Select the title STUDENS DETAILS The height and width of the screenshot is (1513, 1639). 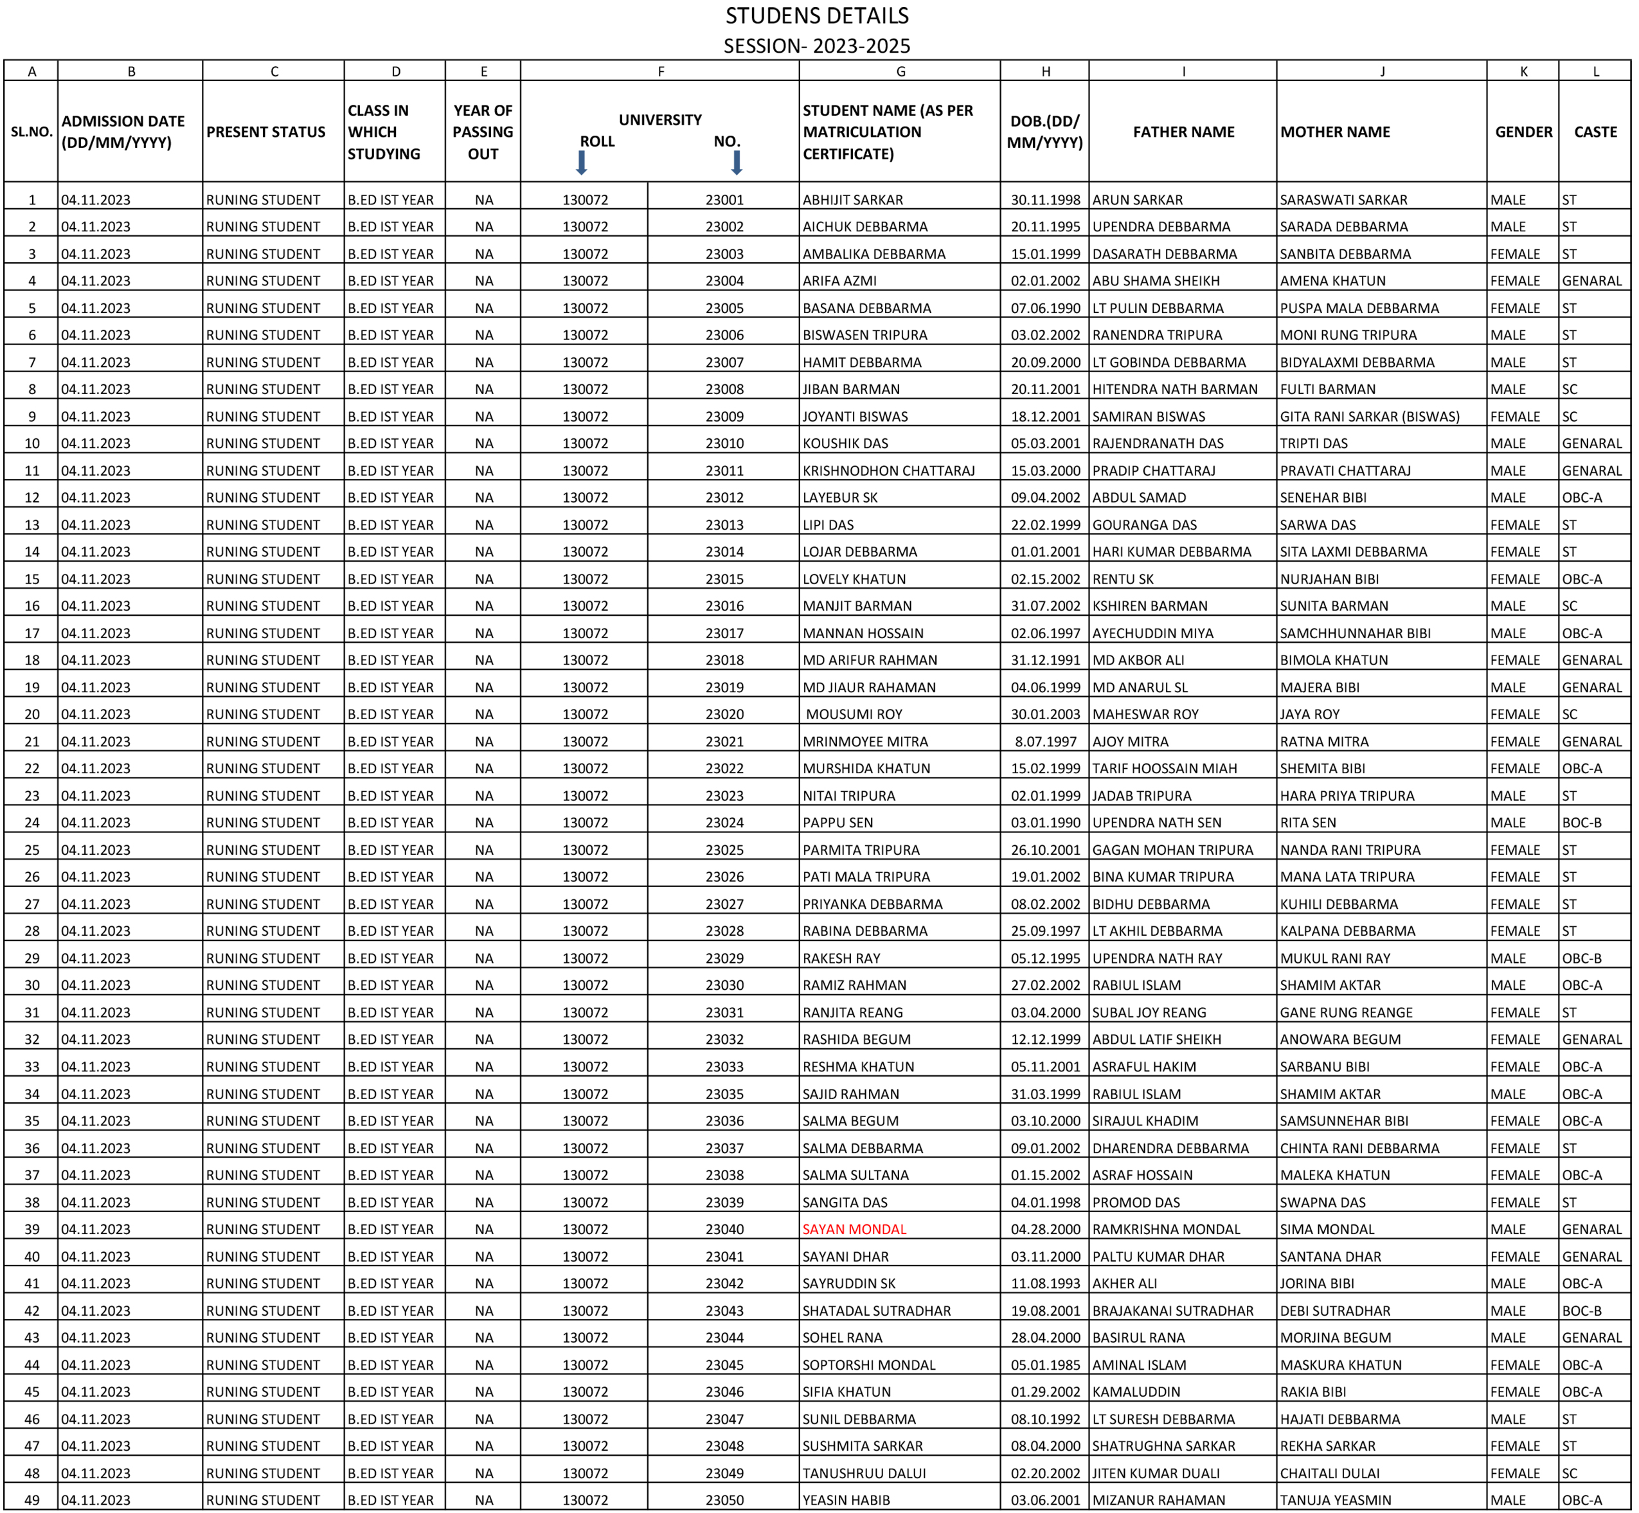(816, 15)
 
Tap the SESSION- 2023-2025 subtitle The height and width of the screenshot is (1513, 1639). (816, 46)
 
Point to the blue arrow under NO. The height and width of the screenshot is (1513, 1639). (736, 163)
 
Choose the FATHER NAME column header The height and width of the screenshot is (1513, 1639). (1183, 132)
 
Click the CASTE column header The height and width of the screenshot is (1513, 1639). (1595, 132)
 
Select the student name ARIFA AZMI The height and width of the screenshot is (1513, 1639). (839, 281)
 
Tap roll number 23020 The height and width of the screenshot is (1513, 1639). (724, 714)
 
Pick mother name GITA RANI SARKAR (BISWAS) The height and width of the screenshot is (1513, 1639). (1370, 416)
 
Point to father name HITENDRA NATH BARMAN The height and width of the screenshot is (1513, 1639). (1175, 389)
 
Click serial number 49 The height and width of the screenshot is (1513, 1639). (32, 1500)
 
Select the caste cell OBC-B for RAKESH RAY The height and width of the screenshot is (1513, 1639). (1582, 958)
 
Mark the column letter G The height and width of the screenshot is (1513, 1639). (900, 71)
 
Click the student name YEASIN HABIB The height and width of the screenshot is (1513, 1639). (846, 1500)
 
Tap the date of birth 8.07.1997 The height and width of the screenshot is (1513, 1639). (1046, 741)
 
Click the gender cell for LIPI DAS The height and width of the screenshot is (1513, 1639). (1514, 525)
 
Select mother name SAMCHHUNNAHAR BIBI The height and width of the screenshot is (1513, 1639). (1355, 633)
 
